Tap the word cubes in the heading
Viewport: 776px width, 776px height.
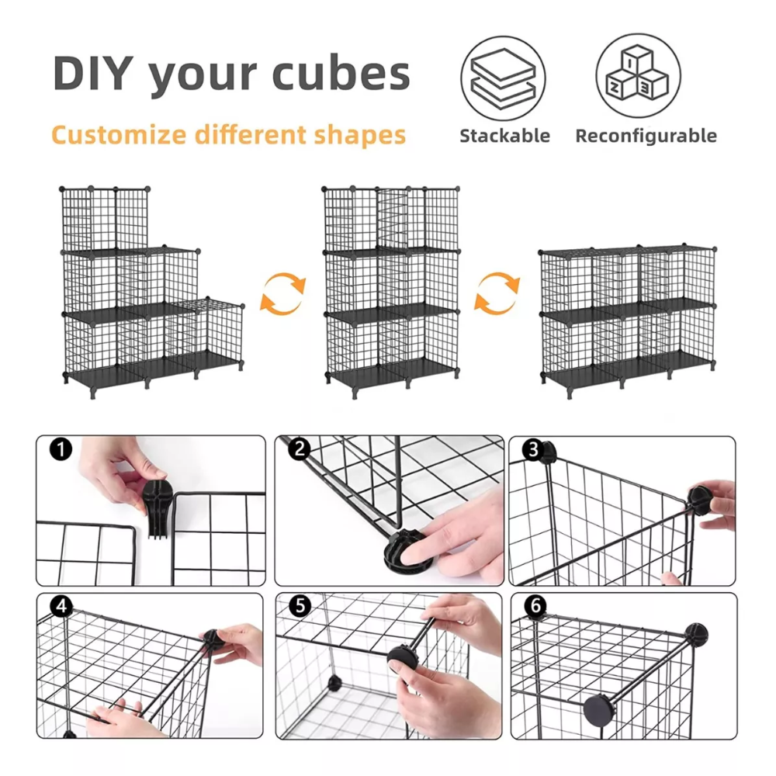pos(341,73)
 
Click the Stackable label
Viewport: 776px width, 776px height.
pos(505,136)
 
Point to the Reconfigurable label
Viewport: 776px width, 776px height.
pos(646,136)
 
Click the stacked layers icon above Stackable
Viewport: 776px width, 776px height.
pos(503,78)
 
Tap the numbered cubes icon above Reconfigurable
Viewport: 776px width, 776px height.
pos(638,75)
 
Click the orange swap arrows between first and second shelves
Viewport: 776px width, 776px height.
pos(283,293)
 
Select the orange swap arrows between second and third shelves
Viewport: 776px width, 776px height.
pos(497,293)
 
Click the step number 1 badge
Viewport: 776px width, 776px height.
pos(61,449)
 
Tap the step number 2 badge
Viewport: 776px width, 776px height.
pos(300,449)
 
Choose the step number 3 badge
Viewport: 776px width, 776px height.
pos(533,449)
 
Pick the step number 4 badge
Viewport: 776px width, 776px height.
pos(62,606)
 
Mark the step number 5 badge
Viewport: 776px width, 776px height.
pos(300,606)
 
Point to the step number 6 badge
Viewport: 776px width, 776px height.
pos(536,606)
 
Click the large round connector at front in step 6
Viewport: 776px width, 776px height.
pos(599,710)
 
